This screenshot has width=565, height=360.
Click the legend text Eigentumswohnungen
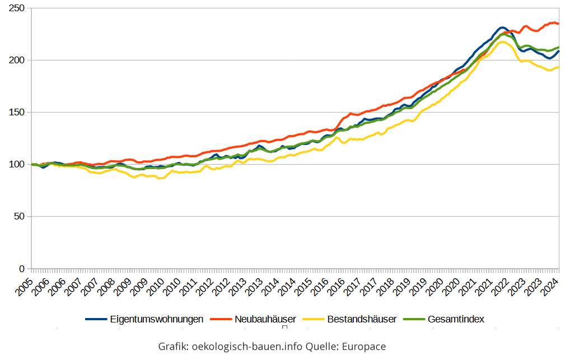(x=156, y=319)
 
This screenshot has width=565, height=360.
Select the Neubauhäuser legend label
(x=265, y=319)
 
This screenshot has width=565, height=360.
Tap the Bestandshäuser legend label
(x=361, y=319)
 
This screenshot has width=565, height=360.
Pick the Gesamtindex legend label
(x=455, y=319)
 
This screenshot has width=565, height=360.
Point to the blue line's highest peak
(x=502, y=27)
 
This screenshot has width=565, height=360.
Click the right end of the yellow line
(x=558, y=67)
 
